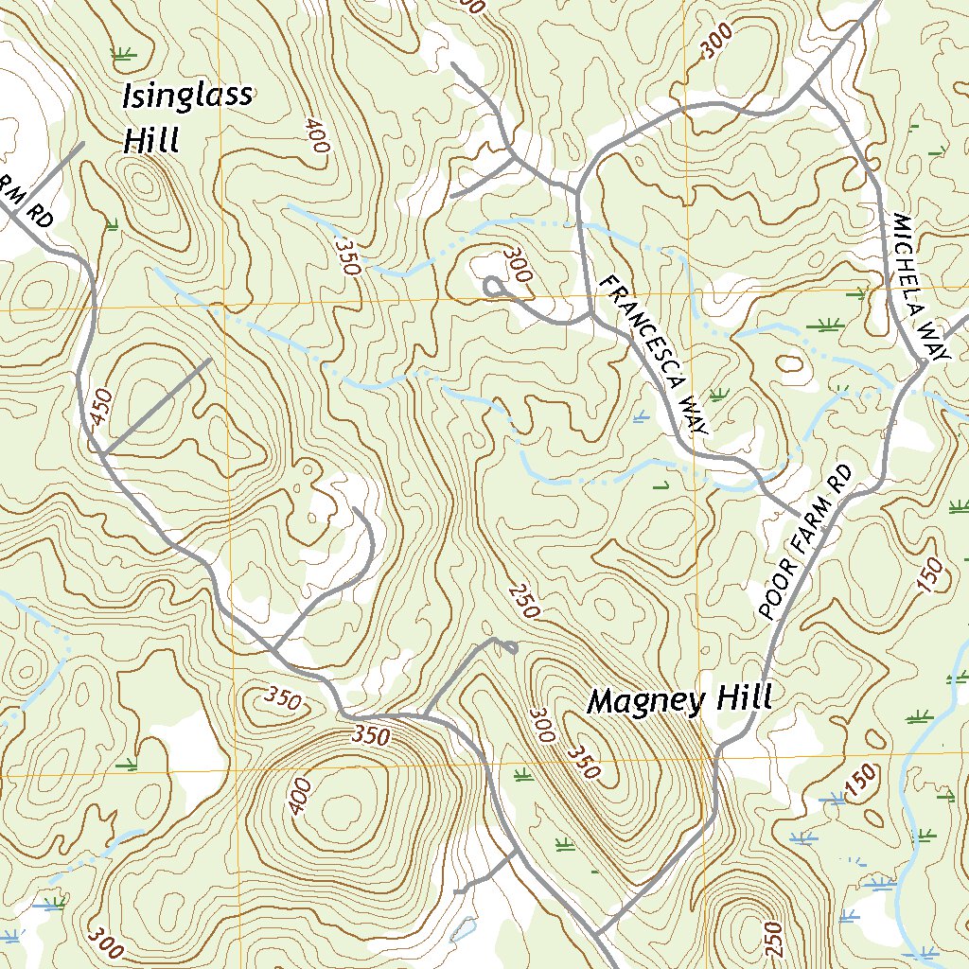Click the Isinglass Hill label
[187, 117]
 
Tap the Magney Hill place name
[679, 700]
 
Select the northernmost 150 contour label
[930, 576]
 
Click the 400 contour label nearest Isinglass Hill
[317, 136]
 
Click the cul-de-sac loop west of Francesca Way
[493, 285]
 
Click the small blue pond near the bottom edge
[464, 928]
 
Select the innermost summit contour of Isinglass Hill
[145, 182]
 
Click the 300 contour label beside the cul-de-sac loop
[520, 264]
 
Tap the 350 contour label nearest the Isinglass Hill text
[346, 255]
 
